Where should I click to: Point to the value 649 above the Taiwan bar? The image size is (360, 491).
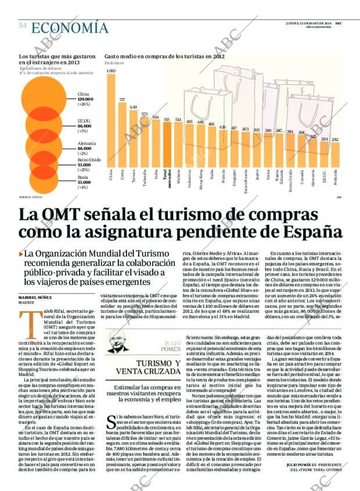click(x=133, y=107)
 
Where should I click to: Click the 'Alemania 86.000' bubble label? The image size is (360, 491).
click(x=87, y=146)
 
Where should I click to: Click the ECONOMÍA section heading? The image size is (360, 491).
click(x=70, y=28)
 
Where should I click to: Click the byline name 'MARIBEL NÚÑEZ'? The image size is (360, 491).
click(x=35, y=297)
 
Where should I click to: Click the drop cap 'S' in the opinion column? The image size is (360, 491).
click(x=111, y=422)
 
